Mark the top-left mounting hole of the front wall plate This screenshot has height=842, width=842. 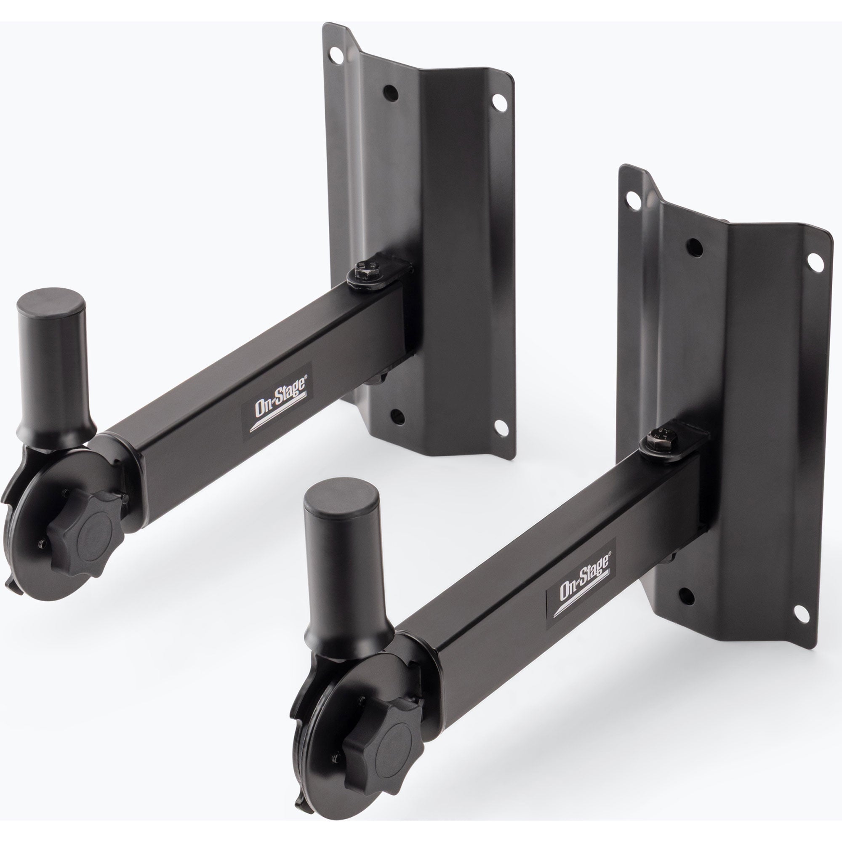click(x=633, y=201)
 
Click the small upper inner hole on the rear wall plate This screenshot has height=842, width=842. click(x=391, y=92)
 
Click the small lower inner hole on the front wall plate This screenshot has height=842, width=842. click(x=687, y=596)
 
